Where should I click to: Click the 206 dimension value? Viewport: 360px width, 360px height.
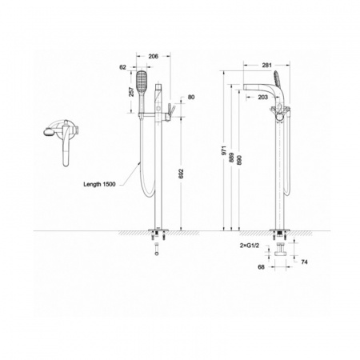[153, 56]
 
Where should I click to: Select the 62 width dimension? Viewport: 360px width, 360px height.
[122, 67]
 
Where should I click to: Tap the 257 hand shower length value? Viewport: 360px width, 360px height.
[131, 92]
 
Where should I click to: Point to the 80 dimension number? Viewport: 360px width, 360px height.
[191, 97]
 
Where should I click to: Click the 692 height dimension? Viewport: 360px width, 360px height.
[182, 174]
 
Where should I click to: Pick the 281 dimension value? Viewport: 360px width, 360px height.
[266, 65]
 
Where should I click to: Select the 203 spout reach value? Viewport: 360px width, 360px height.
[263, 98]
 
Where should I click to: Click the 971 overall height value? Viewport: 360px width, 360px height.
[224, 150]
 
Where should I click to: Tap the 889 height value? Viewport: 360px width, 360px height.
[231, 158]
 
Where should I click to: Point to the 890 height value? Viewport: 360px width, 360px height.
[239, 160]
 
